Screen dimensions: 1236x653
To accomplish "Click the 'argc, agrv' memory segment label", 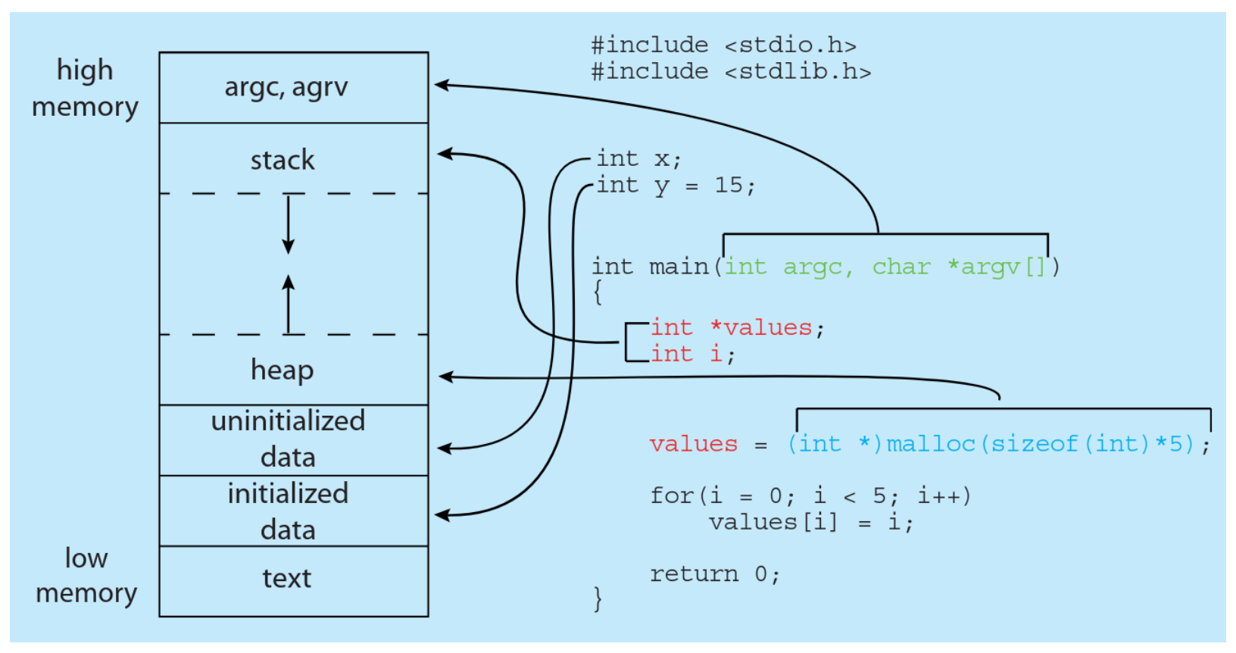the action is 286,87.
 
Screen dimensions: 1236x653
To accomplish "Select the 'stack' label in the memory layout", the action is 282,160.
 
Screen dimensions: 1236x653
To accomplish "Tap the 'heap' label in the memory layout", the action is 282,370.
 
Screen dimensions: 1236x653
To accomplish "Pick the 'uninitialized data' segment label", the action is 288,439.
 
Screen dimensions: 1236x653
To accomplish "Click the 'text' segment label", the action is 286,579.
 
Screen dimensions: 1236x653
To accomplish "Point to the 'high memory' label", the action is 85,89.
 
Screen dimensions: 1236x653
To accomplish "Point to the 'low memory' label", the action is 86,576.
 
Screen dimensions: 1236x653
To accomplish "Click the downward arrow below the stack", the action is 288,225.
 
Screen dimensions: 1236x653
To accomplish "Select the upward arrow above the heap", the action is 288,304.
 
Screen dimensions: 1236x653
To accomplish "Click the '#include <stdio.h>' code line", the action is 724,45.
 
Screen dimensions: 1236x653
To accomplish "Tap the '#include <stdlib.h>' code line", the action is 731,72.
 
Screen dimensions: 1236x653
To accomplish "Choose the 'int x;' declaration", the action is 639,160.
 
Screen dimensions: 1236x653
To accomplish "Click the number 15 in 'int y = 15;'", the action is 729,186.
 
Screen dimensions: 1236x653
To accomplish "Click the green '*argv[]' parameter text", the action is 996,267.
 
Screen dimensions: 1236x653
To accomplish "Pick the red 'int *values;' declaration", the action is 737,328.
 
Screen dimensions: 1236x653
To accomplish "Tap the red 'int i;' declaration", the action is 692,354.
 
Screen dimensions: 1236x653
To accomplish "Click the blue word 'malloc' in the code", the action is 931,445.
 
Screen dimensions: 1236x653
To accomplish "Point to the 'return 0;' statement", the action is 715,575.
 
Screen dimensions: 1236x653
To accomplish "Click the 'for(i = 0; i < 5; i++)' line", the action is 810,495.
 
